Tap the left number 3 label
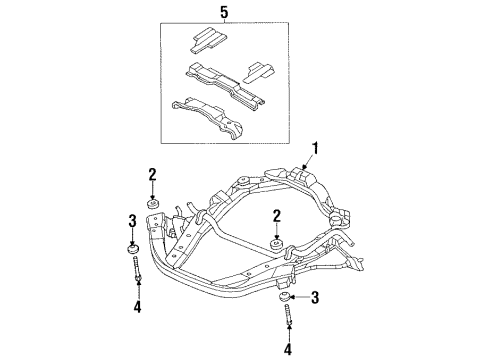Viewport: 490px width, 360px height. click(x=130, y=221)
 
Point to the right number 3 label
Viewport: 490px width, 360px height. click(x=315, y=297)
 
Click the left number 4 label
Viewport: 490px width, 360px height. click(x=137, y=306)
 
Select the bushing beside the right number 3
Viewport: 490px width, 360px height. click(x=285, y=296)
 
